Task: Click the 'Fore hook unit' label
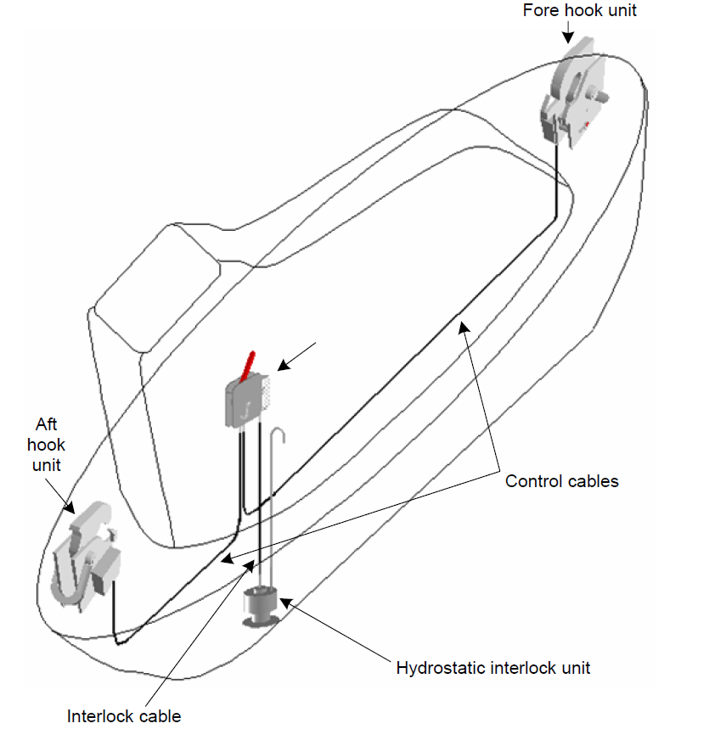(x=579, y=11)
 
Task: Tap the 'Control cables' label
(x=562, y=481)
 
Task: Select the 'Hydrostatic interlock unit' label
(x=492, y=667)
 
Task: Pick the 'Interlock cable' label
(x=124, y=716)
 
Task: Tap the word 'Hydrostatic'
(x=442, y=667)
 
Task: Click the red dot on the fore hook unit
(x=588, y=125)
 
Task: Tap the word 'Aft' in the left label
(x=48, y=423)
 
